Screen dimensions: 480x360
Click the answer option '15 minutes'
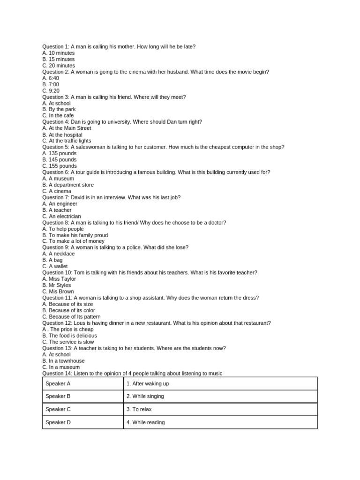pyautogui.click(x=58, y=60)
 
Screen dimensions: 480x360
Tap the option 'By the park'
pyautogui.click(x=59, y=109)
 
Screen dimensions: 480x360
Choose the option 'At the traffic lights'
pyautogui.click(x=67, y=141)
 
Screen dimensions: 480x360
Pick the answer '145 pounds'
pyautogui.click(x=59, y=160)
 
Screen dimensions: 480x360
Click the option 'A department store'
pyautogui.click(x=68, y=185)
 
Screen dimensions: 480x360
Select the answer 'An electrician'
pyautogui.click(x=61, y=217)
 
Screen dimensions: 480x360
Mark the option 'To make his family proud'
pyautogui.click(x=75, y=235)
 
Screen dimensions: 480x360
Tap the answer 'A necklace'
pyautogui.click(x=59, y=254)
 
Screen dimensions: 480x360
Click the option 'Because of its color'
pyautogui.click(x=68, y=310)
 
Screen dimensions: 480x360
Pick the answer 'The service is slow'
pyautogui.click(x=68, y=342)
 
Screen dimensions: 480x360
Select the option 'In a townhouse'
pyautogui.click(x=63, y=361)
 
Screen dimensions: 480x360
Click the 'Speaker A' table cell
pyautogui.click(x=82, y=383)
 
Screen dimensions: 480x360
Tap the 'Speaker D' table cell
pyautogui.click(x=82, y=422)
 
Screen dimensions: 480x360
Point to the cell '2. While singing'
pyautogui.click(x=220, y=396)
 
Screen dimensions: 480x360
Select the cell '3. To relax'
pyautogui.click(x=220, y=409)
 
